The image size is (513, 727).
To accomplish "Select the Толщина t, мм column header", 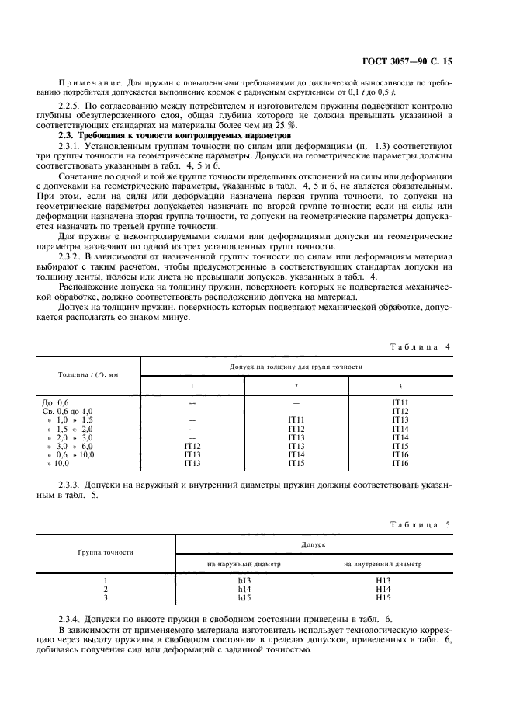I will pos(88,374).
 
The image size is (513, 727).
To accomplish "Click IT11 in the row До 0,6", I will pos(400,402).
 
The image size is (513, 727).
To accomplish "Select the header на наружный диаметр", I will pos(243,563).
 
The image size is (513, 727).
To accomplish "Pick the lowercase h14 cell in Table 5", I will pos(243,589).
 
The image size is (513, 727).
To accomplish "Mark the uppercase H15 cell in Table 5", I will pos(382,597).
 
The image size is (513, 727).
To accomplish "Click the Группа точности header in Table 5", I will pos(105,553).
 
